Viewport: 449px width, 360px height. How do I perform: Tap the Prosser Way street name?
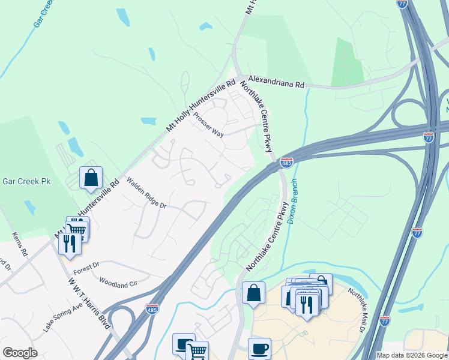[209, 125]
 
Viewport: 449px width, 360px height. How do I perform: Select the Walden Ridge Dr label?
[146, 193]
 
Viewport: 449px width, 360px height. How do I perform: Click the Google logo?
[20, 353]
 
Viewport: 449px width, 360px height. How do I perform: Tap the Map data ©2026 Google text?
[412, 355]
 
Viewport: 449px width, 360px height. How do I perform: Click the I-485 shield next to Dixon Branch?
[286, 163]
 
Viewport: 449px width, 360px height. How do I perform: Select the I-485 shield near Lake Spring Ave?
[152, 308]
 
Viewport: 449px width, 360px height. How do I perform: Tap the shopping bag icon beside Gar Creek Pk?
[91, 178]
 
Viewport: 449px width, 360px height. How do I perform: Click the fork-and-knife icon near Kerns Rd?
[70, 244]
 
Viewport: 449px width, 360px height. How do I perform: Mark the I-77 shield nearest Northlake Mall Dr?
[385, 320]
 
